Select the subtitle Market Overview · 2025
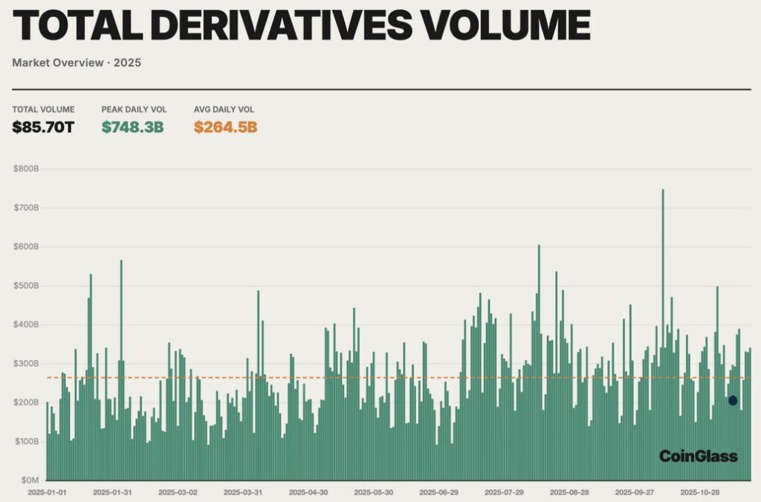77,62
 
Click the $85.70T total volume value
43,126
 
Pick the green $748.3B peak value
132,126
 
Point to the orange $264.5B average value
225,126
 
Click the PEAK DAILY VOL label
132,109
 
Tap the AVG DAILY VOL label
224,109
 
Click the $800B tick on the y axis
26,169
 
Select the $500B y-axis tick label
26,286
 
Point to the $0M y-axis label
27,480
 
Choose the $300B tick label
26,364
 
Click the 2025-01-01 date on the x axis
47,492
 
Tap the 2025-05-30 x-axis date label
373,492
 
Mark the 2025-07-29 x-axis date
504,492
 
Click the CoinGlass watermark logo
698,456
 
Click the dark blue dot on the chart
733,401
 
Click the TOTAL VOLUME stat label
43,109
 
